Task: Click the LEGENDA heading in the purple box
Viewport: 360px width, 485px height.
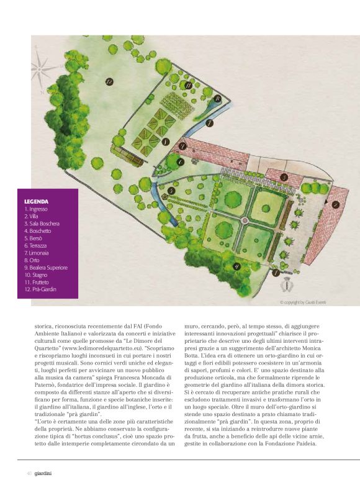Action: click(36, 202)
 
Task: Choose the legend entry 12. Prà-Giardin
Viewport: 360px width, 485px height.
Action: click(41, 289)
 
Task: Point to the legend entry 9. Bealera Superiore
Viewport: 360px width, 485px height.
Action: click(45, 268)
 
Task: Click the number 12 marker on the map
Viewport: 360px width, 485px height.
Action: click(109, 81)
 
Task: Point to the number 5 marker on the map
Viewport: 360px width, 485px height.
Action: click(171, 191)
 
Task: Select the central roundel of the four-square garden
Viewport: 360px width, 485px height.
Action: click(243, 219)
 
